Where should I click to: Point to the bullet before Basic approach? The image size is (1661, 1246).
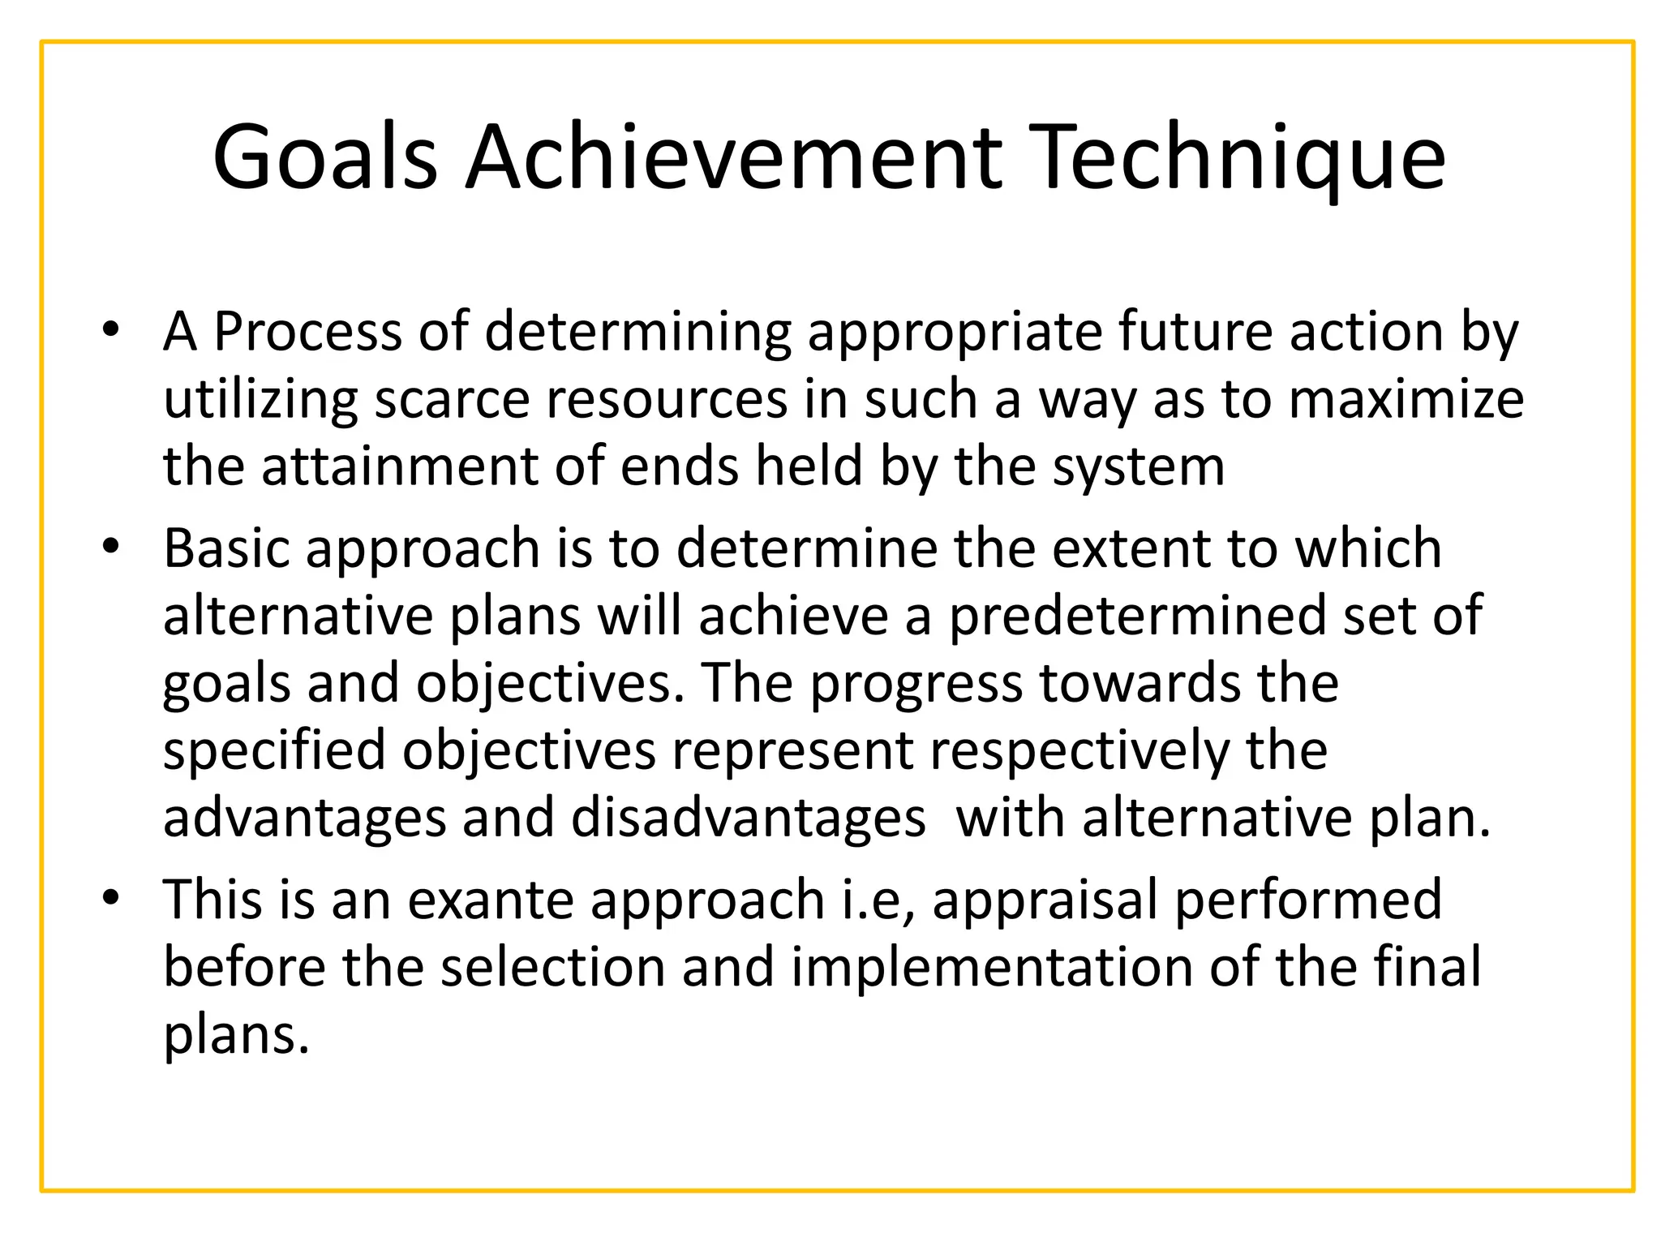111,547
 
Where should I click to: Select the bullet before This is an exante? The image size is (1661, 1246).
111,898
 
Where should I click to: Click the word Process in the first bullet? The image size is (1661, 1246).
307,332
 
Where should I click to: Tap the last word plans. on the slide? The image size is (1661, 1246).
236,1036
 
